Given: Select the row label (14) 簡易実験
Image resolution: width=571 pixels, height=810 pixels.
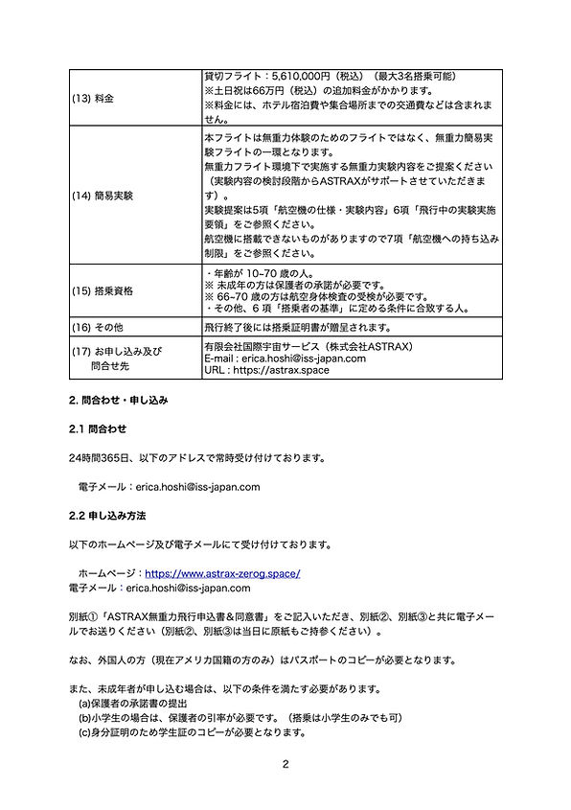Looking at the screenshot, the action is (107, 196).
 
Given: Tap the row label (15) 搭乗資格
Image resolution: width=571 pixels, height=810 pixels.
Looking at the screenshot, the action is (107, 289).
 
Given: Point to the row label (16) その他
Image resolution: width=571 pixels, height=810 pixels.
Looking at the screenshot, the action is (100, 327).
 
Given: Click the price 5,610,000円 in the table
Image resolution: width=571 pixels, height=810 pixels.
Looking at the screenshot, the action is (292, 76).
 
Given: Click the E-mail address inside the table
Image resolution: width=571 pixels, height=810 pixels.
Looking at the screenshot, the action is (285, 359).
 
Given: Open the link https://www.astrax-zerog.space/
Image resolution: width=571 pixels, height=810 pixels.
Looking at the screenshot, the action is (222, 573).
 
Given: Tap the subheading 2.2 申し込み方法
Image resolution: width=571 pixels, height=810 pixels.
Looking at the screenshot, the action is (106, 516).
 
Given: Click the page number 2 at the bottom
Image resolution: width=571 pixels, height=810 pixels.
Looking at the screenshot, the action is (285, 764).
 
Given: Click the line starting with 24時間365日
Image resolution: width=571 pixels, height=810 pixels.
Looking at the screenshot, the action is (197, 457).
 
